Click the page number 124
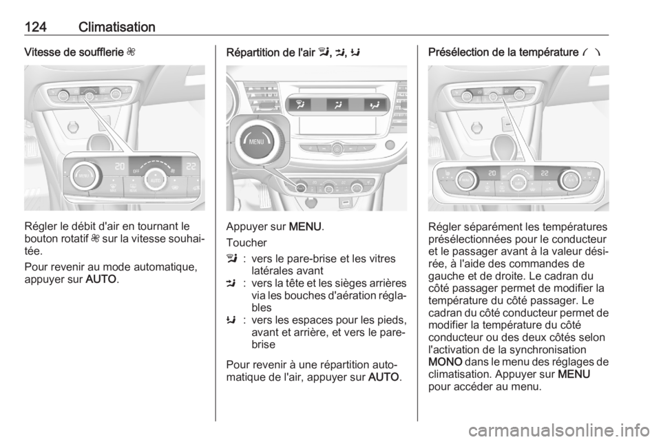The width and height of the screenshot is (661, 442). [x=35, y=27]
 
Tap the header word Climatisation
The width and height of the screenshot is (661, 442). [x=117, y=27]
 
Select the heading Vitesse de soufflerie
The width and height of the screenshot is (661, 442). [x=74, y=52]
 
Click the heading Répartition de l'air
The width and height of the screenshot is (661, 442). [x=271, y=52]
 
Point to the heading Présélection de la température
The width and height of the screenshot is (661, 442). [x=503, y=52]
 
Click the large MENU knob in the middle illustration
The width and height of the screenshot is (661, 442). [x=256, y=142]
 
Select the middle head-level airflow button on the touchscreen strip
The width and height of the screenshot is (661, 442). [x=337, y=105]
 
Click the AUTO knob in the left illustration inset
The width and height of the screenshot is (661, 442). [x=156, y=181]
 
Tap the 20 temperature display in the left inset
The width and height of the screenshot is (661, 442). [x=120, y=167]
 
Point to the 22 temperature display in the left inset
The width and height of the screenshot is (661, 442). [x=191, y=167]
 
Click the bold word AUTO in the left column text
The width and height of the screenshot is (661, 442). [x=101, y=280]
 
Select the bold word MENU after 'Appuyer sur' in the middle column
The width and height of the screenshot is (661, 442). [x=305, y=227]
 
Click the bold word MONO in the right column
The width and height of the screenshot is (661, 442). [x=445, y=362]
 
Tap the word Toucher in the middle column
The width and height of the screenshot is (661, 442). [x=246, y=243]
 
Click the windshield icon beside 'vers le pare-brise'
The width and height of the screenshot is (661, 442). [x=231, y=258]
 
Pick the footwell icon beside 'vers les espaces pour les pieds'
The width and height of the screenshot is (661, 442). [x=231, y=320]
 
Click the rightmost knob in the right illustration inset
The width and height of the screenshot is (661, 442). [x=571, y=180]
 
